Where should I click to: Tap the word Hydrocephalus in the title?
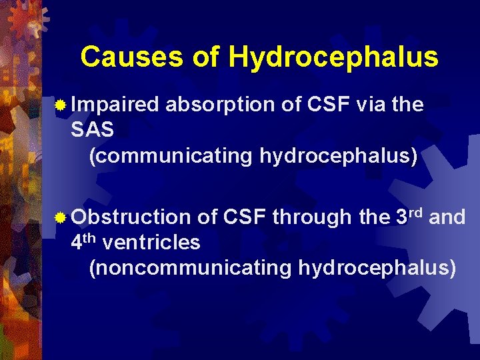click(333, 57)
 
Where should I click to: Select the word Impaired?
click(115, 105)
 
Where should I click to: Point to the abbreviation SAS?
click(92, 130)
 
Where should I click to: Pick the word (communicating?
click(171, 156)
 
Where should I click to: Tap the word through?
click(311, 217)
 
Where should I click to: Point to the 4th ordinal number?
click(84, 241)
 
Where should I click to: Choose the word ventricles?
click(151, 243)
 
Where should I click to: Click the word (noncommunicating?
click(190, 268)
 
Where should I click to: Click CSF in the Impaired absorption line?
click(329, 105)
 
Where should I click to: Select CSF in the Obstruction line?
click(245, 217)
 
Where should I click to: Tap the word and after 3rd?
click(447, 217)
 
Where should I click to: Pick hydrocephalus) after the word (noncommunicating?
click(378, 268)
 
